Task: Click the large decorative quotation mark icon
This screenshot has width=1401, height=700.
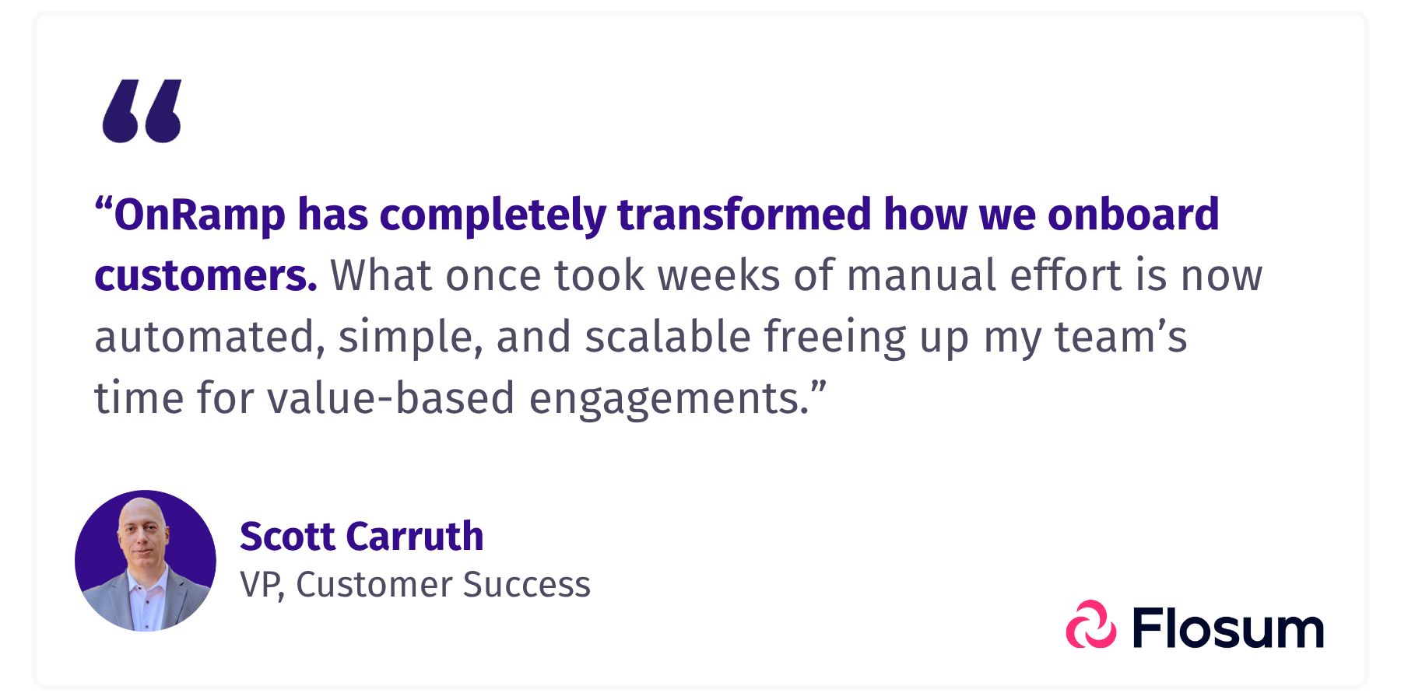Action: point(142,110)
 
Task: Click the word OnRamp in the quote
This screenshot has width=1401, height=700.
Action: point(199,215)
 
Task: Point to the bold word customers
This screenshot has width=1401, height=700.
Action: point(205,276)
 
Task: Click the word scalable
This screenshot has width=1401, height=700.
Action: point(667,337)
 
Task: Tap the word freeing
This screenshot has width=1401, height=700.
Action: point(834,338)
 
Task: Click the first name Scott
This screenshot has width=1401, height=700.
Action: point(287,537)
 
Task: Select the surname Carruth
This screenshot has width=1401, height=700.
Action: point(415,537)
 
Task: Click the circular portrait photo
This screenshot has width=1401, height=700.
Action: point(146,561)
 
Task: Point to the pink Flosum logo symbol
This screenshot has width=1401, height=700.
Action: point(1091,625)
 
